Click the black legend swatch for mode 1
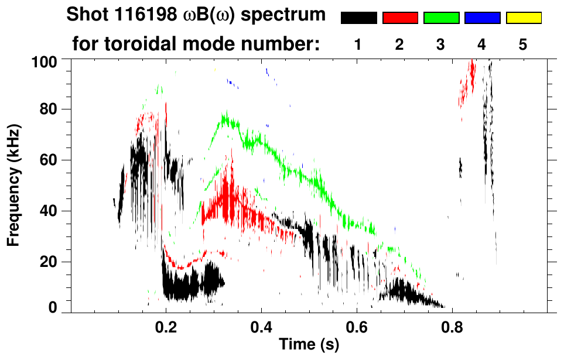coord(358,18)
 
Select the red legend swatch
coord(400,18)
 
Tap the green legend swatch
coord(441,18)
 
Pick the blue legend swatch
coord(482,18)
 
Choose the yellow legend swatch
coord(523,18)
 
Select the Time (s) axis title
coord(309,345)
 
